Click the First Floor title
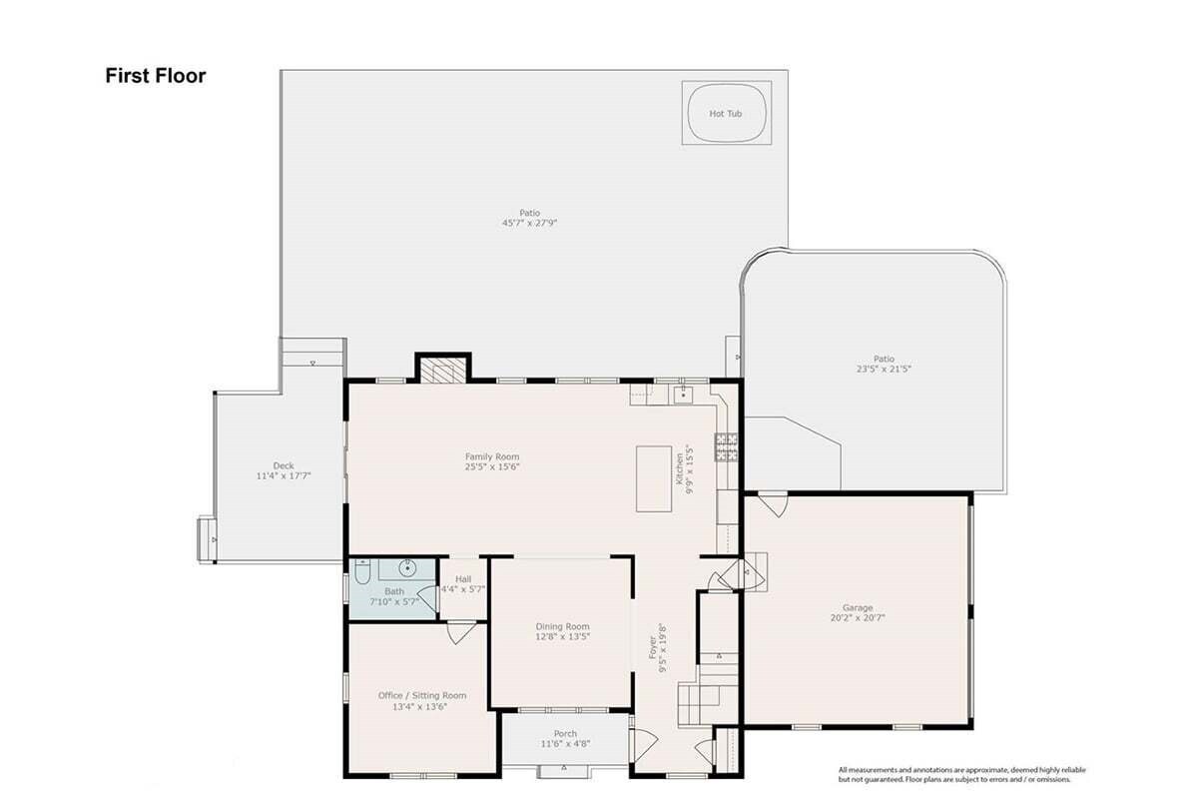click(x=155, y=76)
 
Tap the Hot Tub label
click(x=725, y=114)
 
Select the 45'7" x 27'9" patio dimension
click(x=529, y=223)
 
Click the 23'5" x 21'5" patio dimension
click(x=884, y=369)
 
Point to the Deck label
click(x=284, y=465)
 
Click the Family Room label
click(x=492, y=456)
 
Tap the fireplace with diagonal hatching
click(x=443, y=370)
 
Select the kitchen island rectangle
click(x=654, y=479)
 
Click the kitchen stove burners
click(x=727, y=446)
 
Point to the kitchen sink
click(x=684, y=395)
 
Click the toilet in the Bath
click(x=362, y=572)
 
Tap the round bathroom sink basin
click(x=407, y=568)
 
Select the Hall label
click(x=463, y=579)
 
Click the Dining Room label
click(x=563, y=626)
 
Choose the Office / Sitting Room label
click(x=422, y=695)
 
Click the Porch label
click(x=565, y=733)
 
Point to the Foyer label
click(x=653, y=647)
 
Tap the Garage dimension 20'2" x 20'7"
click(x=858, y=617)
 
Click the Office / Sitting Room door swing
click(x=460, y=632)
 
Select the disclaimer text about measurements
click(x=962, y=774)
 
